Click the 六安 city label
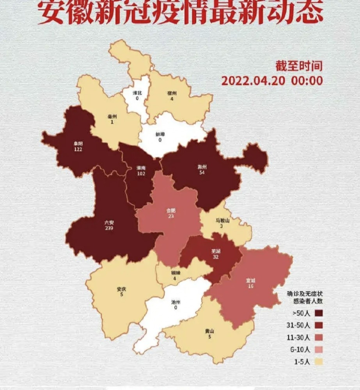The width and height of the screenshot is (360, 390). click(x=109, y=222)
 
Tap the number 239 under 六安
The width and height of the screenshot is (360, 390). click(x=109, y=228)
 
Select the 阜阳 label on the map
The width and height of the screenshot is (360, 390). click(x=78, y=144)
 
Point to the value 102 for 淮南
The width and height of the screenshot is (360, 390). click(x=141, y=174)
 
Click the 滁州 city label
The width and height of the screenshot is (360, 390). click(x=202, y=167)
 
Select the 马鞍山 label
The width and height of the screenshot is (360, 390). click(x=223, y=220)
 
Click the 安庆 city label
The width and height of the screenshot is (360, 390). click(x=121, y=289)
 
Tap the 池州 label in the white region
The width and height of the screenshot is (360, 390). click(x=176, y=302)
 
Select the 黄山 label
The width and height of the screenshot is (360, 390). click(x=209, y=331)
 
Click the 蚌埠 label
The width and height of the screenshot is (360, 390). click(x=160, y=134)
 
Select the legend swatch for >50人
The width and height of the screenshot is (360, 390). click(x=319, y=313)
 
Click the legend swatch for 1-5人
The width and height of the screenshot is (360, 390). click(x=319, y=362)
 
